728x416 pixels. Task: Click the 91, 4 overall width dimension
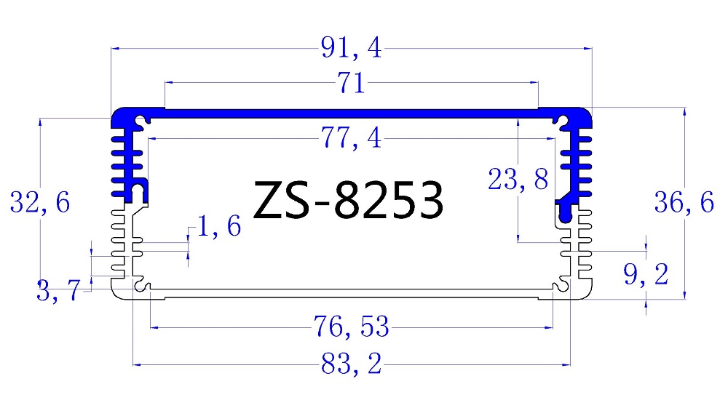click(351, 49)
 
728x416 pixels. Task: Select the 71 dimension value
click(351, 84)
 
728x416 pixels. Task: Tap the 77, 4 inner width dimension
click(351, 137)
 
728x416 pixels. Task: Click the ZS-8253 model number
click(348, 201)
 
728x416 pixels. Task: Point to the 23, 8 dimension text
click(518, 179)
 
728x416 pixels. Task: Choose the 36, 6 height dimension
click(684, 204)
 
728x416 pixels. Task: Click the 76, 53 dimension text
click(351, 328)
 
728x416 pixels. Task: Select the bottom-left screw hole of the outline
click(144, 288)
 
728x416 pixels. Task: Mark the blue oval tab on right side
click(566, 212)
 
